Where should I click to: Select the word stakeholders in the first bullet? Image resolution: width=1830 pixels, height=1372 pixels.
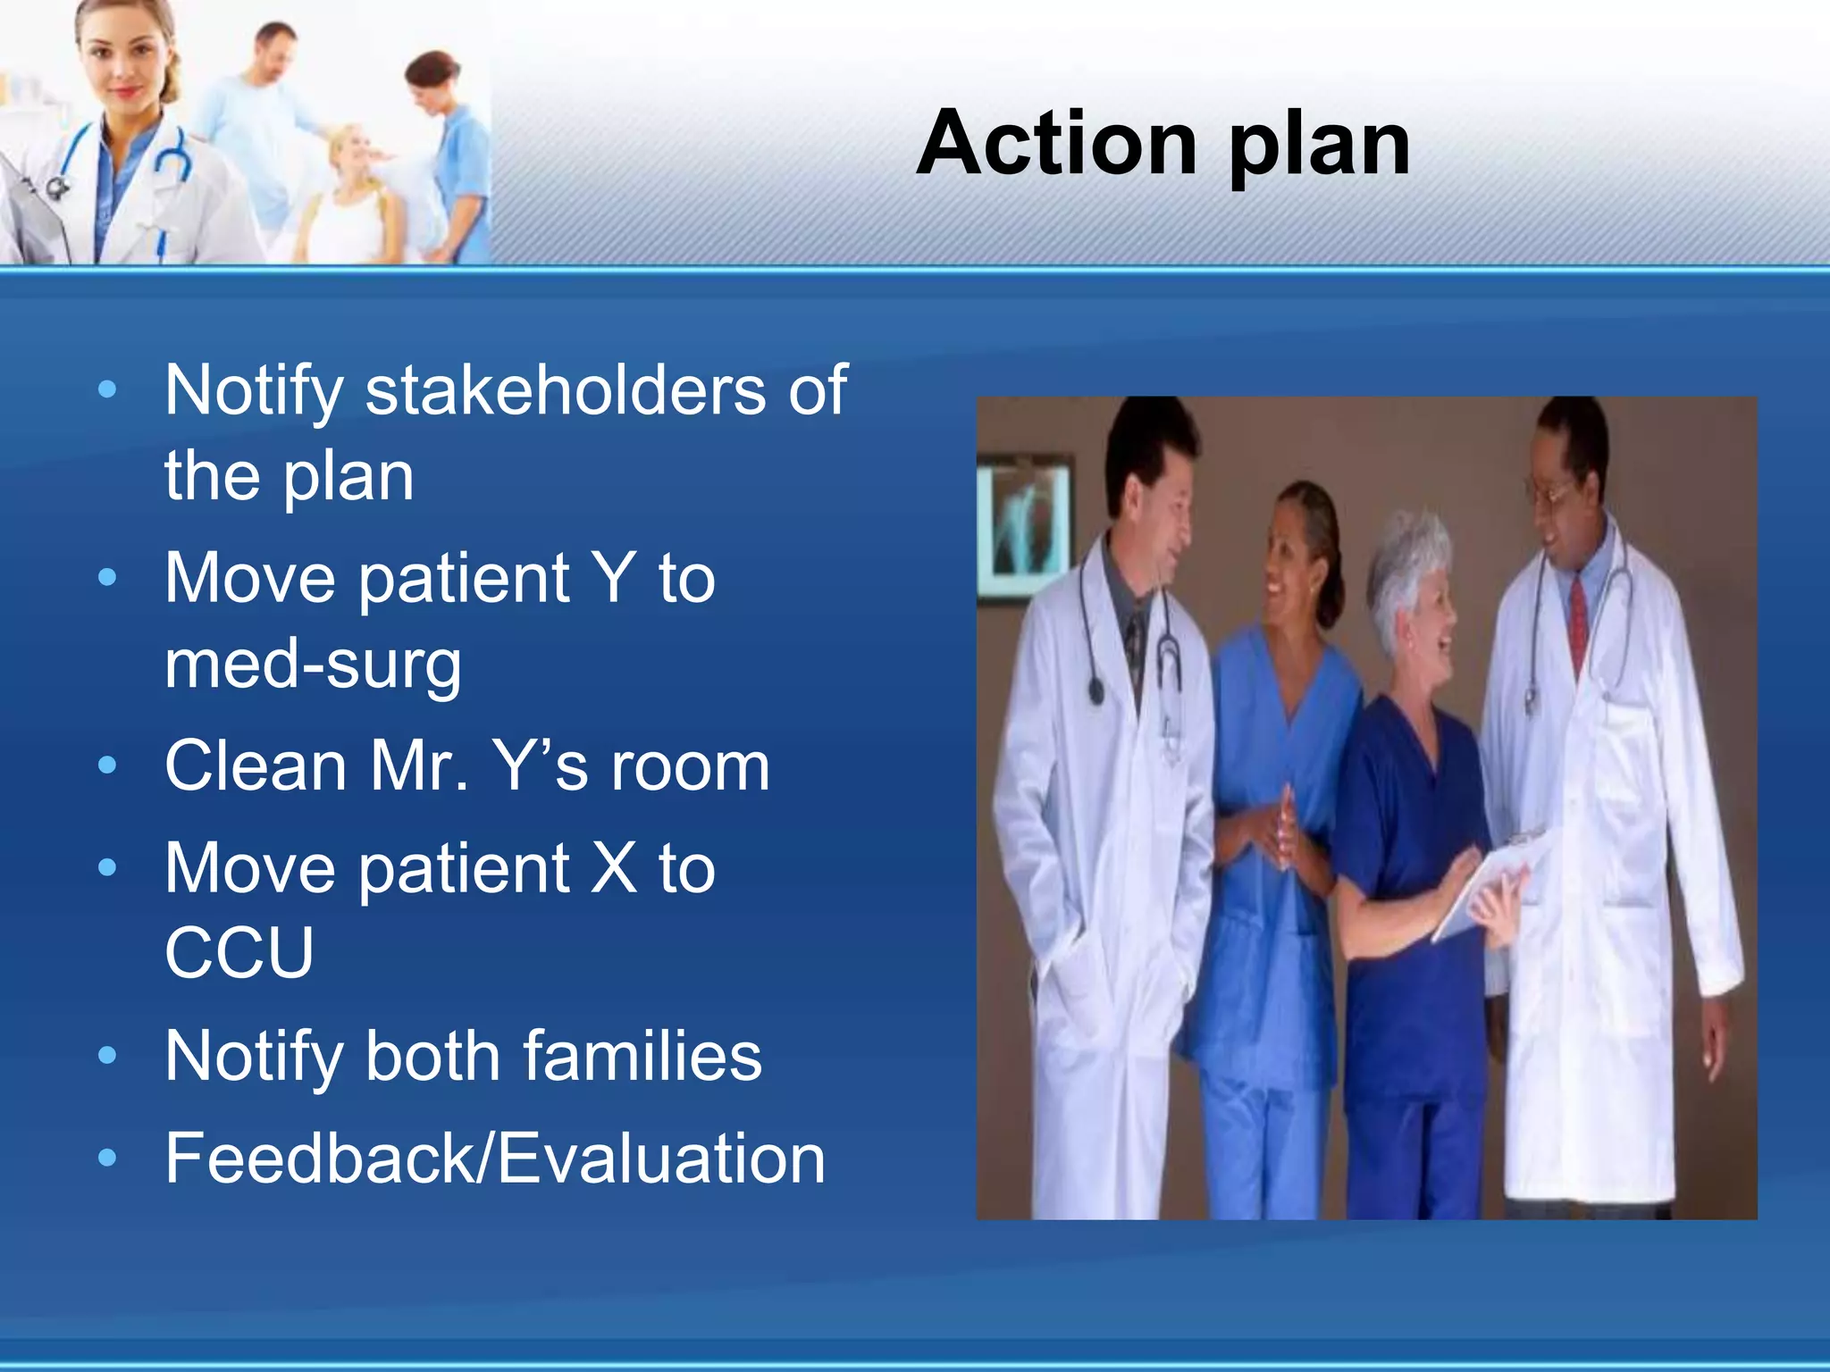pos(565,390)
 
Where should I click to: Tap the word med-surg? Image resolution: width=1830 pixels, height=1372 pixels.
pos(313,665)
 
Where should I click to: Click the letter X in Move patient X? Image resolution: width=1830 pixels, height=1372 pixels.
pos(615,867)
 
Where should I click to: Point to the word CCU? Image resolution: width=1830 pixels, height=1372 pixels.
pos(239,952)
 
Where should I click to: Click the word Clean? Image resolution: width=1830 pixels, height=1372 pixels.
pos(256,766)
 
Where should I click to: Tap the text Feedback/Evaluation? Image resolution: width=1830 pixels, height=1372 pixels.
pos(495,1159)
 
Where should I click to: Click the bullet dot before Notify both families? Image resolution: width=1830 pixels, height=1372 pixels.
pos(107,1056)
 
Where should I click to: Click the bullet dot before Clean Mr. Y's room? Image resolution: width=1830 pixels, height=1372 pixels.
pos(107,766)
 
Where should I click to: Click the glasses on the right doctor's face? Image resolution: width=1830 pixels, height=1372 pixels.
pos(1555,491)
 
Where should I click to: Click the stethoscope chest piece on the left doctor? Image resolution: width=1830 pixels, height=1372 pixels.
pos(1095,690)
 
